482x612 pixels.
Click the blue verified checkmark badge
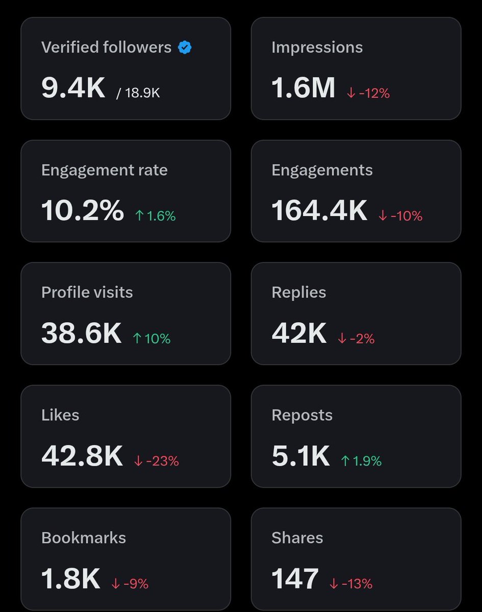(185, 48)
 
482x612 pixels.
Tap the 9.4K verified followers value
(73, 88)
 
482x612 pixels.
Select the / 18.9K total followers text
(138, 93)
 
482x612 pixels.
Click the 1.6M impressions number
(303, 88)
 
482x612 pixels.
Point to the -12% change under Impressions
(368, 93)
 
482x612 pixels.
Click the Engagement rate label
(105, 170)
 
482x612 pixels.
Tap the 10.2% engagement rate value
(83, 210)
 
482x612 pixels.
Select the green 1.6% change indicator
(156, 216)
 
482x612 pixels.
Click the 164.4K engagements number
(319, 210)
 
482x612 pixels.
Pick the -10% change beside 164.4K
(400, 216)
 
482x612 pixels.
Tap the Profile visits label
(87, 292)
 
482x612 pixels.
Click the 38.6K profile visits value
(82, 333)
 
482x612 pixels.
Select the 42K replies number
(299, 333)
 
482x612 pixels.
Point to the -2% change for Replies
(356, 339)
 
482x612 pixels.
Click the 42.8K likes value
(82, 455)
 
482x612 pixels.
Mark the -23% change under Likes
(157, 461)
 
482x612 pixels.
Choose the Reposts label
(302, 415)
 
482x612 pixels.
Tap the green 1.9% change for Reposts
(361, 461)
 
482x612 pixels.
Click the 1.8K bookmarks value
(71, 578)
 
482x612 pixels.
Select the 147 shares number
(295, 578)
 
